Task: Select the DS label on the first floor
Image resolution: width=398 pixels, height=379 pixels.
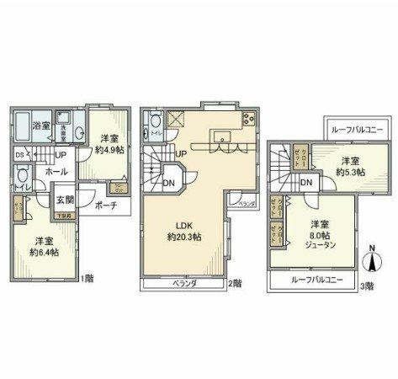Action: pyautogui.click(x=19, y=155)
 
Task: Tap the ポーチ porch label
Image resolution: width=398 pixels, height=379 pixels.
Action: pyautogui.click(x=105, y=204)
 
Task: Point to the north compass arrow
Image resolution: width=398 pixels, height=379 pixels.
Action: pyautogui.click(x=369, y=259)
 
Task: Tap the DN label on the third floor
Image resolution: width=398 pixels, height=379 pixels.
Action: pyautogui.click(x=306, y=183)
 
